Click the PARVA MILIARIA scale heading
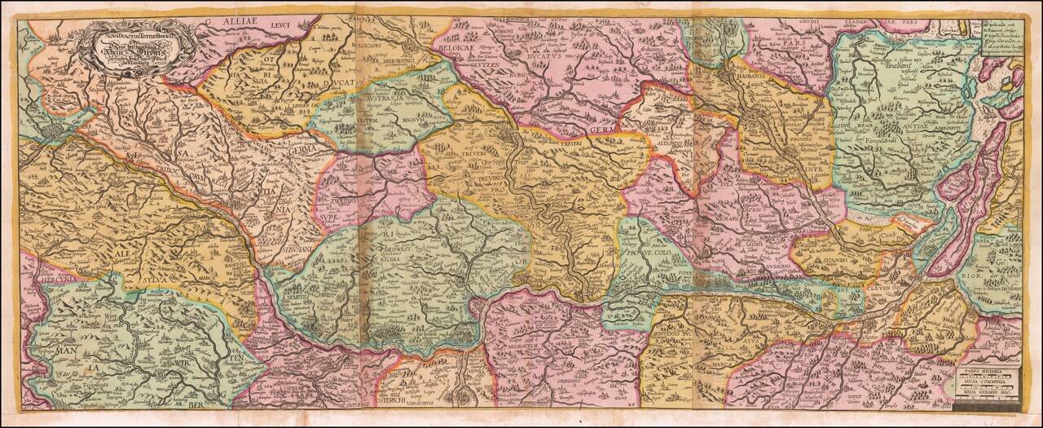[x=987, y=369]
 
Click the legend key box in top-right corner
[x=1010, y=38]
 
